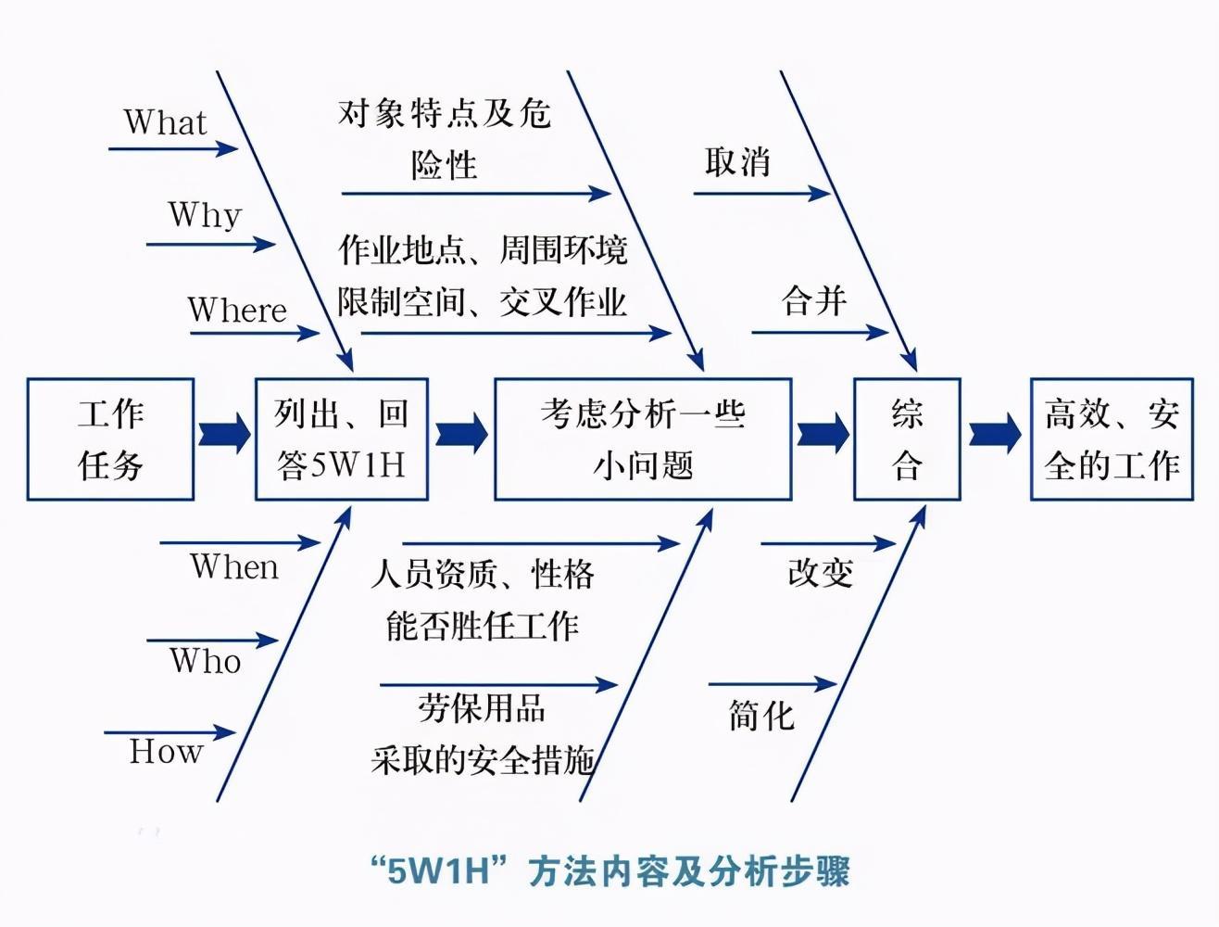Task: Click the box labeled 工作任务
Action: click(x=110, y=439)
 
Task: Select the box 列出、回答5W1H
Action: click(x=341, y=439)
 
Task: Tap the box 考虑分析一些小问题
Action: click(x=643, y=439)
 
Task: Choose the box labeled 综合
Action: click(x=906, y=439)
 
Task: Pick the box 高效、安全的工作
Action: click(x=1112, y=439)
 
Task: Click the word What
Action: click(x=165, y=122)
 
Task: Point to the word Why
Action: click(x=205, y=215)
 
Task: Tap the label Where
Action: click(x=237, y=310)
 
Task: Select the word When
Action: click(x=234, y=566)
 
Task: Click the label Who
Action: click(x=206, y=661)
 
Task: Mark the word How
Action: click(x=166, y=751)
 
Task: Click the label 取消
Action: click(x=737, y=162)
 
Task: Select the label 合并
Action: click(x=814, y=300)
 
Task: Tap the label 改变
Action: click(x=820, y=573)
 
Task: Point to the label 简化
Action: click(x=761, y=716)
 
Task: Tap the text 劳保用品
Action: click(x=481, y=709)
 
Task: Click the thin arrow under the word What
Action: click(x=173, y=148)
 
